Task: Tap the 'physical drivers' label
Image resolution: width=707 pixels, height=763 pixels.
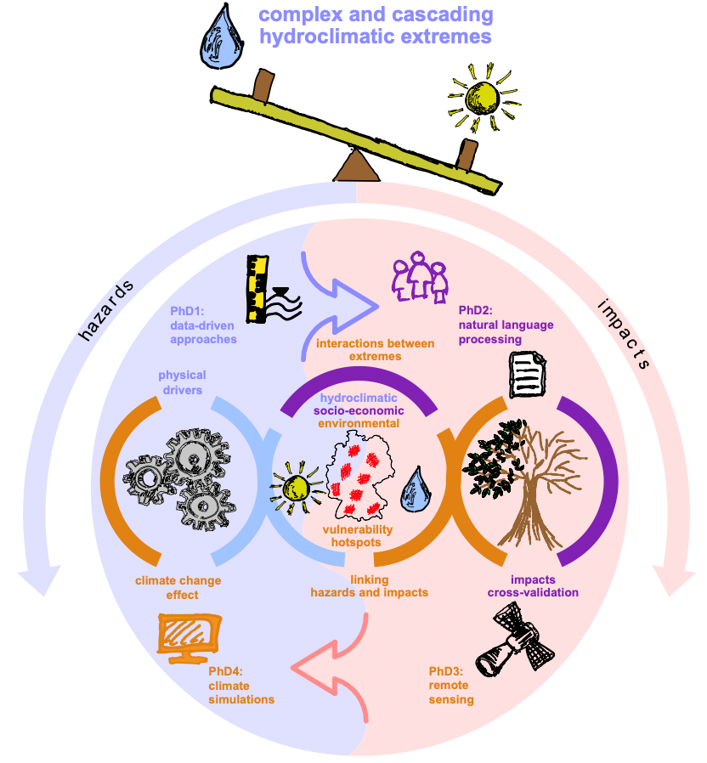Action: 182,382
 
